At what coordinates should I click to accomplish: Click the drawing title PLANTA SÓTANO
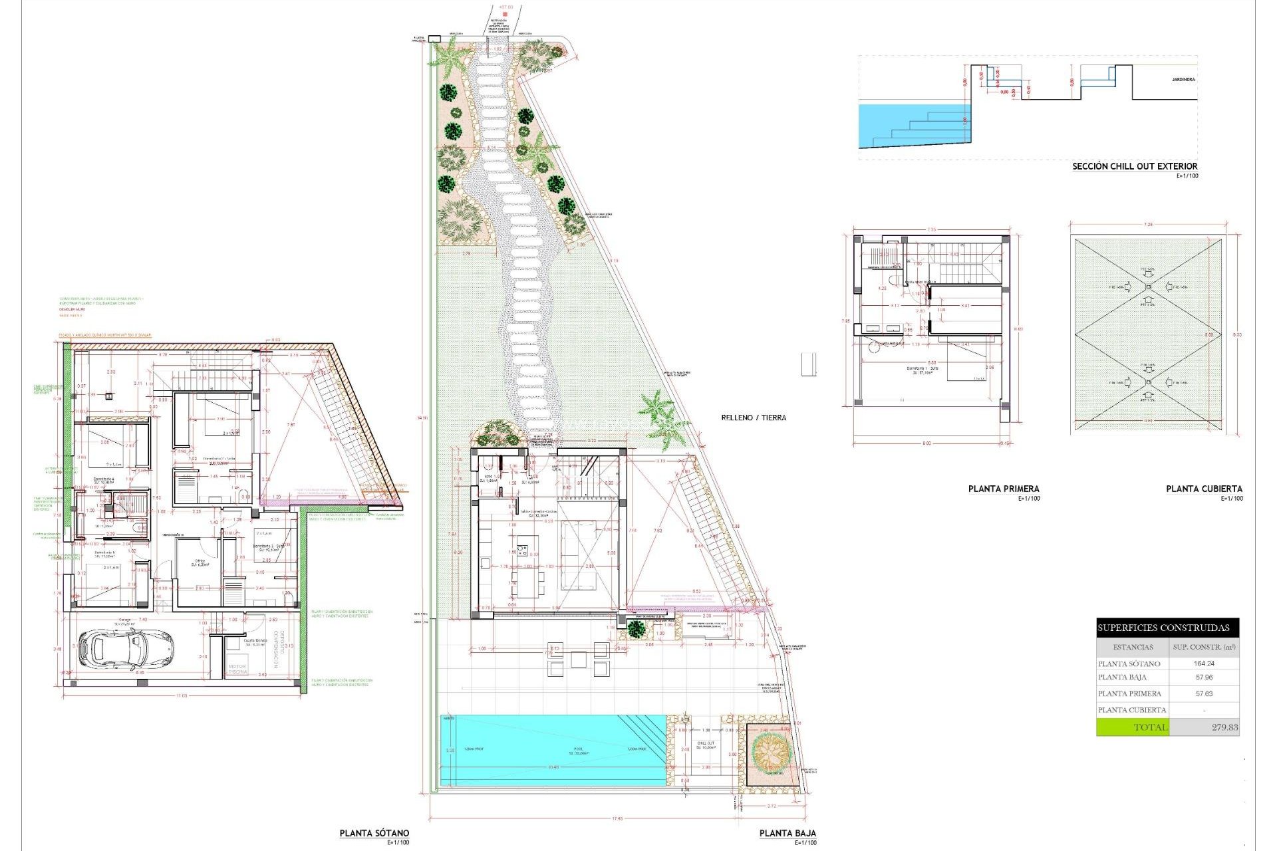[x=374, y=833]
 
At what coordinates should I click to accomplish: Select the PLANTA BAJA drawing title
[x=787, y=833]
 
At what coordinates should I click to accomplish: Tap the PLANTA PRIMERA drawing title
[x=1003, y=489]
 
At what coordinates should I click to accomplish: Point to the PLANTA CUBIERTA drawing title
[x=1204, y=489]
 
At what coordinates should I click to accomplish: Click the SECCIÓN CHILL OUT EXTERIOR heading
[x=1134, y=166]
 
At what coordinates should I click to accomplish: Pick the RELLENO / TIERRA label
[x=754, y=418]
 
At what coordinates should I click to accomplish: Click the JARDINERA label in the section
[x=1183, y=80]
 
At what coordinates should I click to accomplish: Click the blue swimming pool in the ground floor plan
[x=552, y=750]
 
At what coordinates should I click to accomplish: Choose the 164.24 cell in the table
[x=1204, y=664]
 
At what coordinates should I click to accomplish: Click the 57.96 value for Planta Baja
[x=1204, y=677]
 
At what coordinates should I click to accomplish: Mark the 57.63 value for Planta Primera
[x=1204, y=693]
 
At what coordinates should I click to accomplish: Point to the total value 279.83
[x=1224, y=727]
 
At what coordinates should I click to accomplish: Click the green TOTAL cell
[x=1133, y=727]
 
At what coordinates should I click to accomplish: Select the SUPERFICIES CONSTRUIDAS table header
[x=1163, y=628]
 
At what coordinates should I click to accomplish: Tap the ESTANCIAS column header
[x=1133, y=647]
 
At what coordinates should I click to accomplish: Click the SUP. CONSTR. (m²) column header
[x=1204, y=647]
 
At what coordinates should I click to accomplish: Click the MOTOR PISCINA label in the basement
[x=237, y=669]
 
